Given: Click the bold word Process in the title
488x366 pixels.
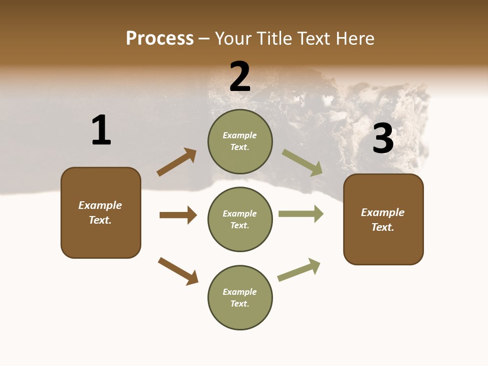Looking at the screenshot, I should [x=160, y=39].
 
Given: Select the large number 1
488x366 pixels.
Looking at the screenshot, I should [x=101, y=130].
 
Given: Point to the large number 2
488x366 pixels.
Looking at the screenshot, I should [x=240, y=77].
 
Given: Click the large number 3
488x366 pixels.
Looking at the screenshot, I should [x=383, y=138].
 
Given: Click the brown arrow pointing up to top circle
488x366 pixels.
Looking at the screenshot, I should [x=177, y=162].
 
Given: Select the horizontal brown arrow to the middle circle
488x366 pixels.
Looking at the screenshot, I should [x=178, y=215].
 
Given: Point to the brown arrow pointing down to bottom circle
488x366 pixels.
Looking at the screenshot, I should [x=178, y=271].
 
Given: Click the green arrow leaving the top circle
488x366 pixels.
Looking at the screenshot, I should [x=302, y=163].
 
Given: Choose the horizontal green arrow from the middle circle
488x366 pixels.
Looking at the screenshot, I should [x=301, y=214].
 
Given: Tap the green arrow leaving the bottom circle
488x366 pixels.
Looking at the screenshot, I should [x=299, y=269].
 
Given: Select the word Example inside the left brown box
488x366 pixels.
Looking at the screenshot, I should [x=100, y=205].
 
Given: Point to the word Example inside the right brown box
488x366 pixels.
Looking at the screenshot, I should [x=383, y=212].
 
